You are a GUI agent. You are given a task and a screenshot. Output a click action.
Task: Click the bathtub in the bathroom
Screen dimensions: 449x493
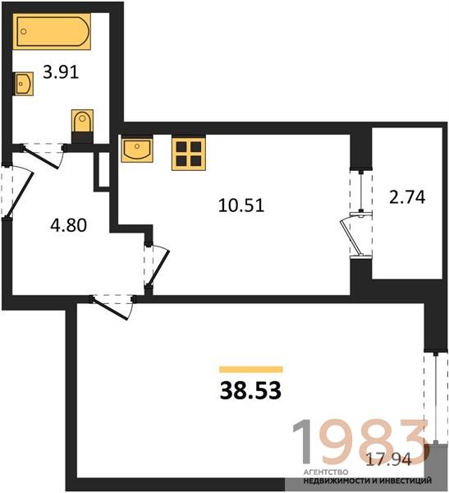point(52,31)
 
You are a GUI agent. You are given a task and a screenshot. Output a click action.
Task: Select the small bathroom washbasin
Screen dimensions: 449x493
point(23,83)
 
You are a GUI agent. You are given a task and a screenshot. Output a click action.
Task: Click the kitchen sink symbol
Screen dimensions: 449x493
point(137,149)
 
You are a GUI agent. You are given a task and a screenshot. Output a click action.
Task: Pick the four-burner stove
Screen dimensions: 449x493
point(188,153)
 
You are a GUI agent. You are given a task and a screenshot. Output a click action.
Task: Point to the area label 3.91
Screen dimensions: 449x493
point(61,73)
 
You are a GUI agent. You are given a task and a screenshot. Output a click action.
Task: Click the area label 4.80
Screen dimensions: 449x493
point(68,225)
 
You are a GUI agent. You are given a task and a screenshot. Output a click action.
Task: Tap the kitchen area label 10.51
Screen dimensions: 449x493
point(241,205)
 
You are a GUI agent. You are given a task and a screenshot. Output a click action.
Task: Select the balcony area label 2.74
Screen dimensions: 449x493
point(407,197)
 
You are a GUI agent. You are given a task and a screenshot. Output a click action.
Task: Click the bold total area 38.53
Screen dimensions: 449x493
point(250,390)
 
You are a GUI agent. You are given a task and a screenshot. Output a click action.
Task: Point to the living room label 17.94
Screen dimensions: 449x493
point(389,460)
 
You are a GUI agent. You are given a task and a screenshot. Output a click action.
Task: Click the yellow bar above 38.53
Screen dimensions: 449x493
point(251,369)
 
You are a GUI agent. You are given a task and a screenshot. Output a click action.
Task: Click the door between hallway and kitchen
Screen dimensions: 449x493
point(157,265)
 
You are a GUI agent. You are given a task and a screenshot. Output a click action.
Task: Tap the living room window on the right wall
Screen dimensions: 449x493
point(436,398)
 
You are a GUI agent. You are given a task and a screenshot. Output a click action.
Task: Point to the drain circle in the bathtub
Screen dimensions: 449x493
point(24,31)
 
